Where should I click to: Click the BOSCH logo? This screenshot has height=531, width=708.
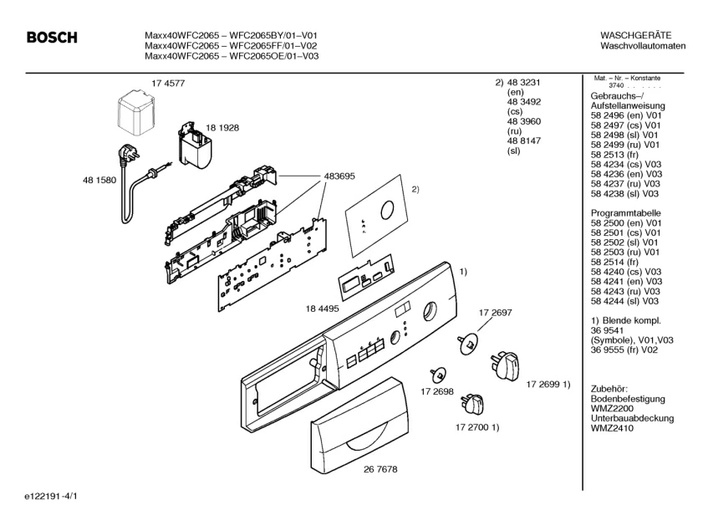click(52, 38)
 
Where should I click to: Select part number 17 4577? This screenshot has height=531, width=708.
click(168, 83)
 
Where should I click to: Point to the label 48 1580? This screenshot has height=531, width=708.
click(99, 179)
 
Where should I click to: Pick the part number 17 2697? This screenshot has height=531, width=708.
click(495, 312)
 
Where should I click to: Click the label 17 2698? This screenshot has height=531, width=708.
click(437, 391)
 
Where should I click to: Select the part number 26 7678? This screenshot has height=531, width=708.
click(379, 469)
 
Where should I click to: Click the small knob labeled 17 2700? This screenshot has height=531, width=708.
click(471, 404)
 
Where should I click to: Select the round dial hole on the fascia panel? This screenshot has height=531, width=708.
click(429, 310)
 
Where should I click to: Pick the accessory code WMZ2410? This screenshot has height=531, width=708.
click(613, 427)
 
